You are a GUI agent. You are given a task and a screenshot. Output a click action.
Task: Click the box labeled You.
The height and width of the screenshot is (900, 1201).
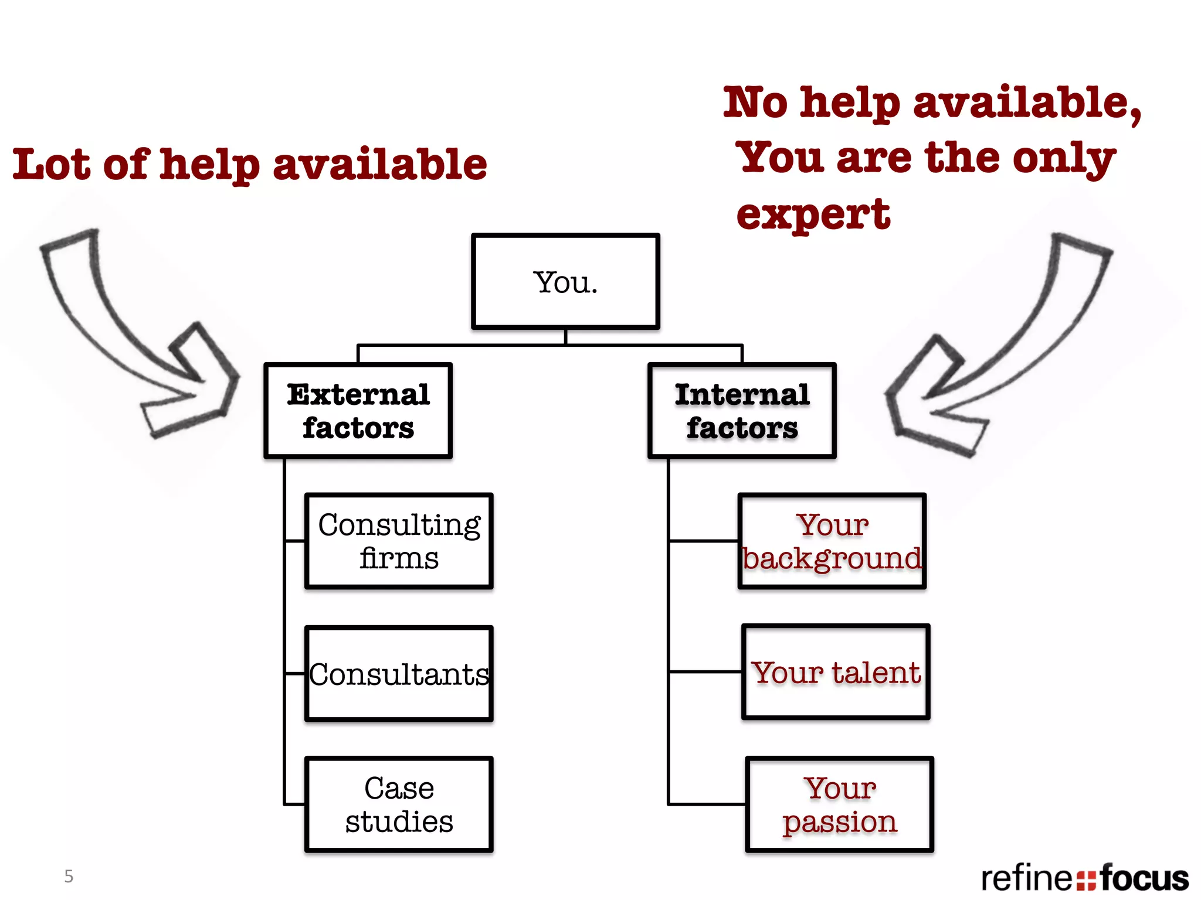[x=565, y=281]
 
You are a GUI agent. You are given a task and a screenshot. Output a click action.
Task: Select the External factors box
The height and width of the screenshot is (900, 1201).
[x=358, y=410]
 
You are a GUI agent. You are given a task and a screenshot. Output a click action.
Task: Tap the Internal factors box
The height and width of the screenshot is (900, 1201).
[x=742, y=410]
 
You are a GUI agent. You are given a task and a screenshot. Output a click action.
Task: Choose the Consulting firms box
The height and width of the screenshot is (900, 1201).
[x=399, y=541]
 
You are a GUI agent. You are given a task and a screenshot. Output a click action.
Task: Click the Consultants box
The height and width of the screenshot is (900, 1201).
[x=399, y=673]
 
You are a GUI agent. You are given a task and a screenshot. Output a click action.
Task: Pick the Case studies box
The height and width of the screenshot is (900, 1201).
[x=399, y=804]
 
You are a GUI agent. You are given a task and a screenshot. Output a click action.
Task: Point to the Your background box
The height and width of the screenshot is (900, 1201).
[x=832, y=541]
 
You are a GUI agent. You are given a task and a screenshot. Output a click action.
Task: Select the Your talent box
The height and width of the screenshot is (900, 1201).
[x=836, y=671]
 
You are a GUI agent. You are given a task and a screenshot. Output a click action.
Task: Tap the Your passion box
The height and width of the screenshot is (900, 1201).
[x=839, y=804]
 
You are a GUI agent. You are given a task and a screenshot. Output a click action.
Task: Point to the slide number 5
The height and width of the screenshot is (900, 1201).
[x=69, y=876]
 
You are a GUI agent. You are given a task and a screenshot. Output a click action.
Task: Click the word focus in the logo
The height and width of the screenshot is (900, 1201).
[x=1144, y=878]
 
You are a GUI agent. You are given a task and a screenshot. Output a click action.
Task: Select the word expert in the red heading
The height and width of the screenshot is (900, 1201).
[x=813, y=214]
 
